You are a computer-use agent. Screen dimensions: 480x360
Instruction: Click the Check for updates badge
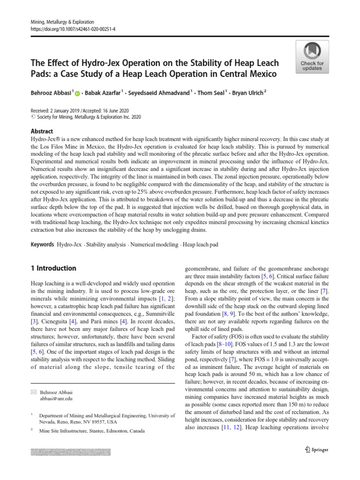click(x=312, y=56)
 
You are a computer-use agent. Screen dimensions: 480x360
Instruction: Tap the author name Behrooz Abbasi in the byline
click(x=52, y=93)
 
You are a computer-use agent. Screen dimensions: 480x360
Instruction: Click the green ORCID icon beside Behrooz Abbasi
click(x=77, y=94)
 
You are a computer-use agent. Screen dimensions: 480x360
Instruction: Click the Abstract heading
click(x=42, y=131)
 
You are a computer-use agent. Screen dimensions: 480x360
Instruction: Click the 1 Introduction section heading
click(x=53, y=268)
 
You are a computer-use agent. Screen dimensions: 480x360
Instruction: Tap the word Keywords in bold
click(x=42, y=245)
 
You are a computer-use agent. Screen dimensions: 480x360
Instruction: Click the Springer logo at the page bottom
click(x=317, y=450)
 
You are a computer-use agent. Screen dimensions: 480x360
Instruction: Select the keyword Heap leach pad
click(x=200, y=245)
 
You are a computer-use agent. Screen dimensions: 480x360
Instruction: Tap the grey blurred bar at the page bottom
click(x=70, y=452)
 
